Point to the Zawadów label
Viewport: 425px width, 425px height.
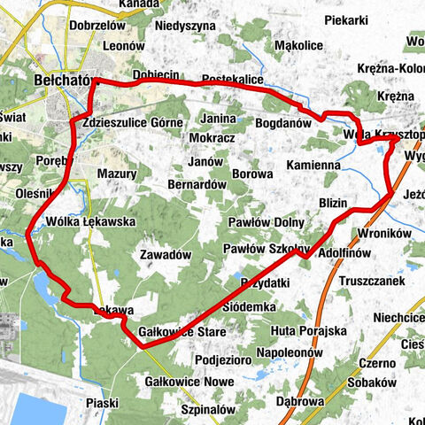click(166, 254)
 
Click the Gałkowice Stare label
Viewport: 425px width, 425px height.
click(183, 331)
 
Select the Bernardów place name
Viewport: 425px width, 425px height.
click(197, 184)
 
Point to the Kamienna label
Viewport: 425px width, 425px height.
click(313, 165)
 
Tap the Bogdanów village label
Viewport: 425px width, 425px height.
click(283, 124)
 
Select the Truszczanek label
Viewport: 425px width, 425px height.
click(375, 281)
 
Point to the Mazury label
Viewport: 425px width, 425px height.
click(116, 174)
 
